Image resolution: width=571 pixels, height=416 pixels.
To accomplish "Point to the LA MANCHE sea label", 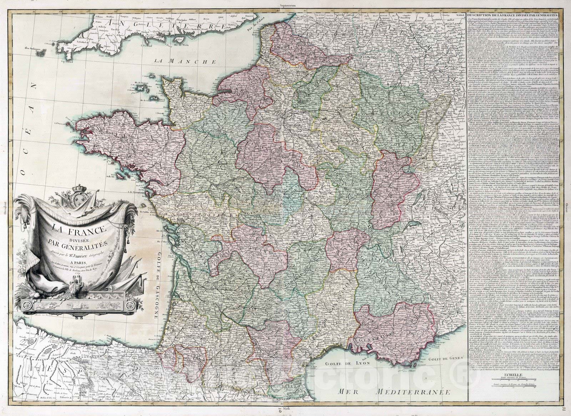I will tap(186, 61).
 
